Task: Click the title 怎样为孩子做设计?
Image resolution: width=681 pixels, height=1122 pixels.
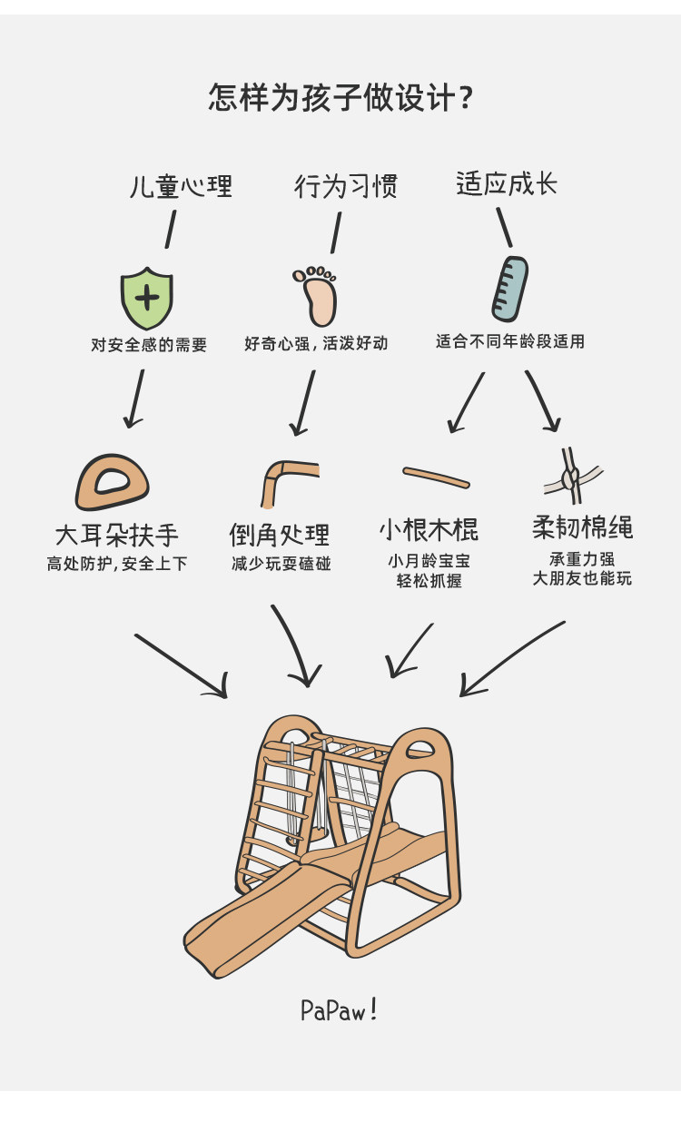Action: [340, 96]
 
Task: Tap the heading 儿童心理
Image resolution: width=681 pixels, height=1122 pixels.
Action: [182, 186]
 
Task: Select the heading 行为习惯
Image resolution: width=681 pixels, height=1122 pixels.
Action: [346, 186]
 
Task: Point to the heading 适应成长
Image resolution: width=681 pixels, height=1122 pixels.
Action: [507, 184]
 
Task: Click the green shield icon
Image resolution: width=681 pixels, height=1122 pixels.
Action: [147, 296]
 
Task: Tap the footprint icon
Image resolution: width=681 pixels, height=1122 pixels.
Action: [317, 295]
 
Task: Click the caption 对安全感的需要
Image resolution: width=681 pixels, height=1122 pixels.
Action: [149, 345]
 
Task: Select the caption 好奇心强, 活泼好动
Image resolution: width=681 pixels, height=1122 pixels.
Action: [316, 343]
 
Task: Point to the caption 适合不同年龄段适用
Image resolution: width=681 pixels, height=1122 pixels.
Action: [509, 341]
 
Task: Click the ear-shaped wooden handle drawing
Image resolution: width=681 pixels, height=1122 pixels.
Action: [113, 481]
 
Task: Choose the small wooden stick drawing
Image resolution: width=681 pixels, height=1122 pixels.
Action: [436, 477]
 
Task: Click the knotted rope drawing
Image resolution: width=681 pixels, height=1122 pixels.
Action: [573, 477]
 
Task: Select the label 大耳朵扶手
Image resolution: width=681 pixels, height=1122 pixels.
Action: [117, 534]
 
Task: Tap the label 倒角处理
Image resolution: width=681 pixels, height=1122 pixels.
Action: [280, 534]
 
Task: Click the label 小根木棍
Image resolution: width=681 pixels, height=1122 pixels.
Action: [429, 529]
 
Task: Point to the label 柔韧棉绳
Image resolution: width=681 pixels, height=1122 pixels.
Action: [582, 527]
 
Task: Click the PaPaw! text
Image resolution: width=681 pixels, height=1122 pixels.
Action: [339, 1010]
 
